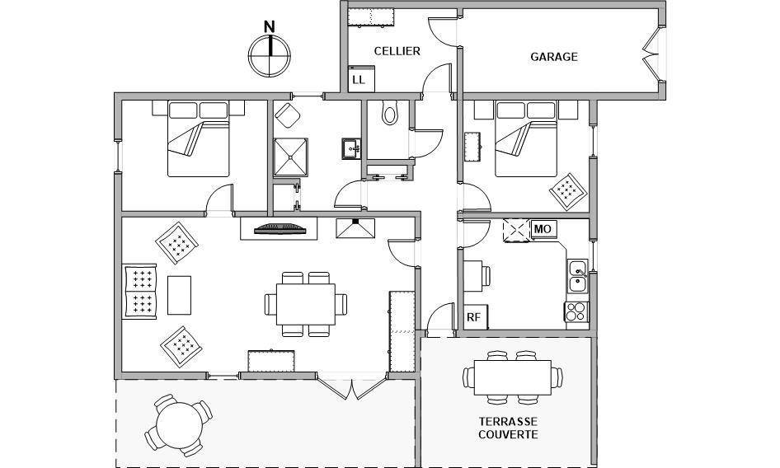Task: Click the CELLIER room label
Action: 397,51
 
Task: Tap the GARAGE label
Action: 553,57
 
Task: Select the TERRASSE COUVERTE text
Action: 508,428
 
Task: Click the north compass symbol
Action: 269,52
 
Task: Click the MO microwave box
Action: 543,229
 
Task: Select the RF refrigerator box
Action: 476,317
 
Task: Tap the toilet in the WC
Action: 389,113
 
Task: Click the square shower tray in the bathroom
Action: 290,157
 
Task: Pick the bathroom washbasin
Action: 351,148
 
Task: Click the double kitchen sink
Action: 577,275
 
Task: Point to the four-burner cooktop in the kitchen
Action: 576,311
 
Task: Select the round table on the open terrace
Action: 179,424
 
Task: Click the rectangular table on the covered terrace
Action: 512,377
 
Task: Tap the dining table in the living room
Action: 306,304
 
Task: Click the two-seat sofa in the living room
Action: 140,291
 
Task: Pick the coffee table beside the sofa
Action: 179,295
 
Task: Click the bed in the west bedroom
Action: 198,138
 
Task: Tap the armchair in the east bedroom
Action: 568,191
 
